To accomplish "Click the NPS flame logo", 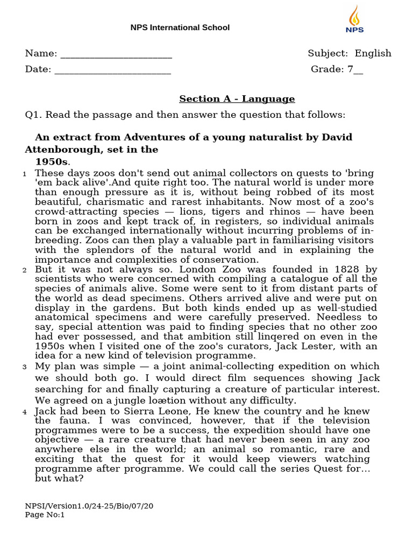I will [354, 20].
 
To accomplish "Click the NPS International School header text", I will [180, 27].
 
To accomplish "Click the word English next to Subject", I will [373, 53].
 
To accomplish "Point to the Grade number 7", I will [351, 69].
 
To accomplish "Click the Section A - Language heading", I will [237, 99].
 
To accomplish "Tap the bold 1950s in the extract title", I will [53, 161].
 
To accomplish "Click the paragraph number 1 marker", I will [25, 174].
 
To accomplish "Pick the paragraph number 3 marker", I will [25, 367].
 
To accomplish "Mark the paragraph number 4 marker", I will [25, 412].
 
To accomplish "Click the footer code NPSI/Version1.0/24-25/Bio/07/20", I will [89, 506].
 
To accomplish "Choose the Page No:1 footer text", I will [45, 515].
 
